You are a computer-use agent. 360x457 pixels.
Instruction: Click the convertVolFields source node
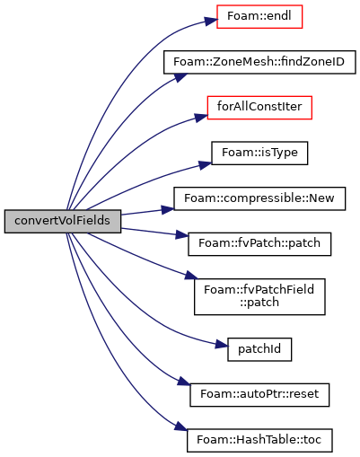point(63,221)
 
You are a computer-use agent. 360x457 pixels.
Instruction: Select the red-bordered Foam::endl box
point(259,17)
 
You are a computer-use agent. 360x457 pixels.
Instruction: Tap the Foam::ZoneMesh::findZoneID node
point(259,62)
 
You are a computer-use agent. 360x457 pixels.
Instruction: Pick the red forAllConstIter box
point(259,108)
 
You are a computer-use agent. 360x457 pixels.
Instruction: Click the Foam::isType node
point(259,153)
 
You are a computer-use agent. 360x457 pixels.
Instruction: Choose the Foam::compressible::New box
point(259,198)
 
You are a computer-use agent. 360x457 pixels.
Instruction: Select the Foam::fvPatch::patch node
point(259,244)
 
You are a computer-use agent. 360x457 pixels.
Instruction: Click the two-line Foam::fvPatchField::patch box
point(259,296)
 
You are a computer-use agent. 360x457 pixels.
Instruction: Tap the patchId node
point(259,349)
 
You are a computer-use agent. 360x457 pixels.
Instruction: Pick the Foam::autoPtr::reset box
point(259,395)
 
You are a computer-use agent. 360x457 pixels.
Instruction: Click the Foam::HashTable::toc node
point(259,440)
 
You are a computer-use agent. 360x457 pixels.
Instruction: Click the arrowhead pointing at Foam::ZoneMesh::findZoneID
point(180,77)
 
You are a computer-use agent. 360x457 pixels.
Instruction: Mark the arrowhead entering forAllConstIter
point(201,118)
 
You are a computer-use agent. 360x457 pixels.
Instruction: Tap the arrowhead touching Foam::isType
point(206,165)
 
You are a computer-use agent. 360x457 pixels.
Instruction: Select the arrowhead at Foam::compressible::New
point(168,209)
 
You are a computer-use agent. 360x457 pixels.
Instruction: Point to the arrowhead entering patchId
point(222,345)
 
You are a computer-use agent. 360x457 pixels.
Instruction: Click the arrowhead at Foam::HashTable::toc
point(181,426)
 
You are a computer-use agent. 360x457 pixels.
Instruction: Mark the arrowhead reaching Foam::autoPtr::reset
point(184,381)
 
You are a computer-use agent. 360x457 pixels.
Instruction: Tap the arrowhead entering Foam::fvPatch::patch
point(182,234)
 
